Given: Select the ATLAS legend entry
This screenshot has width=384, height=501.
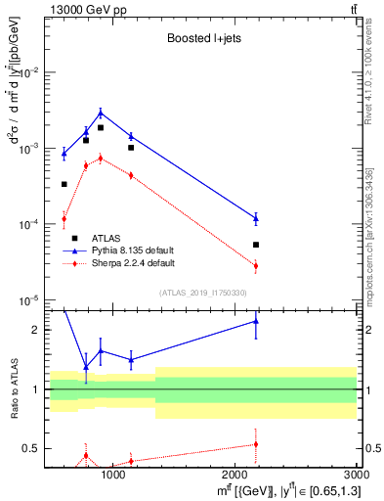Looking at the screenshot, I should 107,238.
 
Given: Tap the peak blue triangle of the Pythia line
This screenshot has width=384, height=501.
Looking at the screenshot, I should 101,113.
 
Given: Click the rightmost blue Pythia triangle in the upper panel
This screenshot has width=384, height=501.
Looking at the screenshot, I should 256,218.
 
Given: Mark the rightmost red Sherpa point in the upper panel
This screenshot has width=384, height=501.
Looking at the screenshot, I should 256,265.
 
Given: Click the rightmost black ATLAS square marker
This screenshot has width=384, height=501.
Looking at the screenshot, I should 256,245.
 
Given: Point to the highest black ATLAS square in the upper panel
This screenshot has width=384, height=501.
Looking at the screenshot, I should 101,127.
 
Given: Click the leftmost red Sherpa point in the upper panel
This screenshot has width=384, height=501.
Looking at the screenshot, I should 64,218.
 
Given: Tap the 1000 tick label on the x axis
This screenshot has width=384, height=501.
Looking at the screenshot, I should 113,476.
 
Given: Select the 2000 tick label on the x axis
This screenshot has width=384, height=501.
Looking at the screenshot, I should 235,476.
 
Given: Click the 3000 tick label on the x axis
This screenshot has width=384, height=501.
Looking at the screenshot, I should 354,476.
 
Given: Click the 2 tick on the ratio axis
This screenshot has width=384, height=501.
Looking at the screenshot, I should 35,330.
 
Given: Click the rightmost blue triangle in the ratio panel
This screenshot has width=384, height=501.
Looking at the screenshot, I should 256,321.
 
